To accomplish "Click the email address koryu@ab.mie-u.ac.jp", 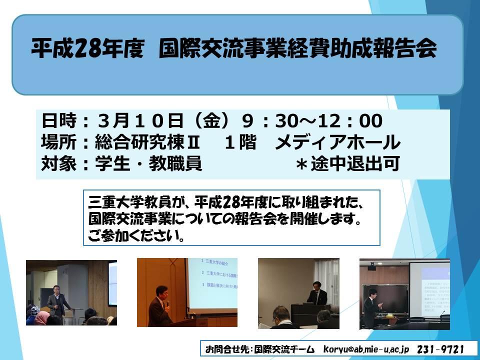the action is pyautogui.click(x=366, y=349).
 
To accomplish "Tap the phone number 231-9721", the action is pyautogui.click(x=440, y=349).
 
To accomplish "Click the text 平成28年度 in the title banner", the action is pyautogui.click(x=87, y=48).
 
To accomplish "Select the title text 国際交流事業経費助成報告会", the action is pyautogui.click(x=298, y=48).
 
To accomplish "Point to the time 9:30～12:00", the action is pyautogui.click(x=312, y=120).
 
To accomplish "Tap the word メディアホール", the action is pyautogui.click(x=337, y=142).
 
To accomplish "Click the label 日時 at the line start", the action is pyautogui.click(x=59, y=120).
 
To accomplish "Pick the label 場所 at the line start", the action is pyautogui.click(x=59, y=142).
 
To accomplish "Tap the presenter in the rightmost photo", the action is pyautogui.click(x=371, y=307).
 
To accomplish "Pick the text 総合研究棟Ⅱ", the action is pyautogui.click(x=147, y=142).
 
